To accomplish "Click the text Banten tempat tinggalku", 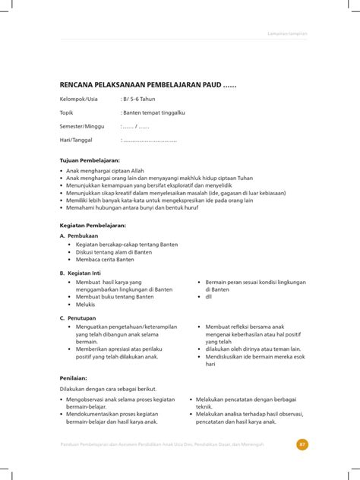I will [153, 112].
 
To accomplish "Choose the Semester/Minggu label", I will [83, 127].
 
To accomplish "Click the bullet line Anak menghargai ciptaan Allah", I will [103, 172].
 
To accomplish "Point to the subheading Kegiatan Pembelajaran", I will [93, 225].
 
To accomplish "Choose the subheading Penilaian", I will [74, 377].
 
